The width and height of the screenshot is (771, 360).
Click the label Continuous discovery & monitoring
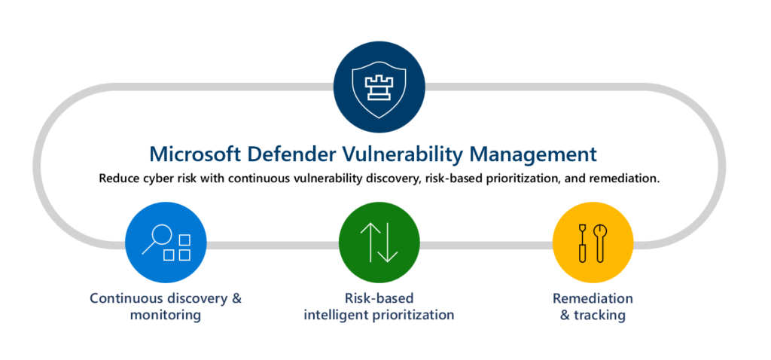tap(166, 306)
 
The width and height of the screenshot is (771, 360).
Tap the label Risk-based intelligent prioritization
tap(379, 306)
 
